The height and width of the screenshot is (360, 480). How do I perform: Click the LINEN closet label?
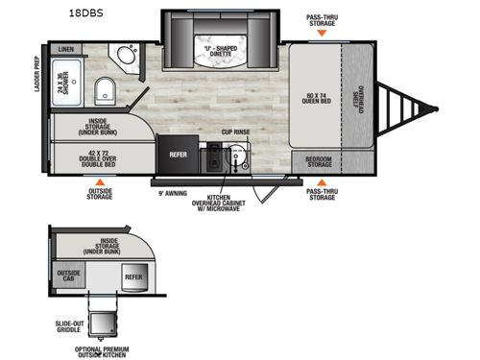[65, 48]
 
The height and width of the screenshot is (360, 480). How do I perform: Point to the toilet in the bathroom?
[106, 92]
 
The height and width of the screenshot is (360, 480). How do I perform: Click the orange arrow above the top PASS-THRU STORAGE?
[322, 33]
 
